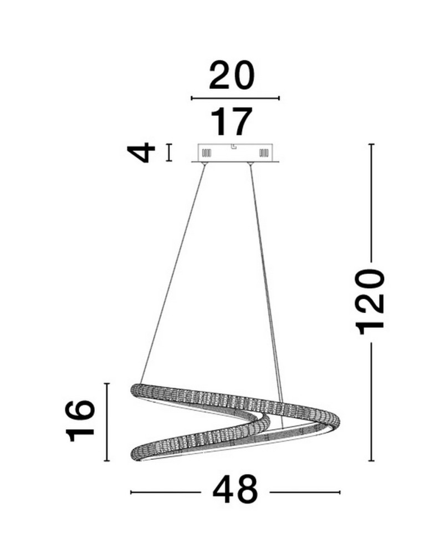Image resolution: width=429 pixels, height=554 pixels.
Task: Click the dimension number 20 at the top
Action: point(232,75)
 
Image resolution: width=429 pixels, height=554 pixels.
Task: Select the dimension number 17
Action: point(232,121)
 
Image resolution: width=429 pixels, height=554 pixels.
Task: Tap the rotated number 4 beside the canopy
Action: point(141,153)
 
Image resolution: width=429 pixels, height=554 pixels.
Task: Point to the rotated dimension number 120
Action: point(370,302)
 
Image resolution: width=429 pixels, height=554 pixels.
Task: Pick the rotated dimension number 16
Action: point(80,421)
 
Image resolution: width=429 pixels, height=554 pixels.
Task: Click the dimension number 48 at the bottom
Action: point(235,490)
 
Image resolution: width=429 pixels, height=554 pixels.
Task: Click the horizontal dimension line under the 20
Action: point(235,98)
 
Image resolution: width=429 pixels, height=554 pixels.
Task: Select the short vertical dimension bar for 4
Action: point(169,153)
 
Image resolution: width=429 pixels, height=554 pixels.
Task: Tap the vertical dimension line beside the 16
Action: point(107,422)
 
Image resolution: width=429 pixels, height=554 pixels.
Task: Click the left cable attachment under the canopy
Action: point(205,165)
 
